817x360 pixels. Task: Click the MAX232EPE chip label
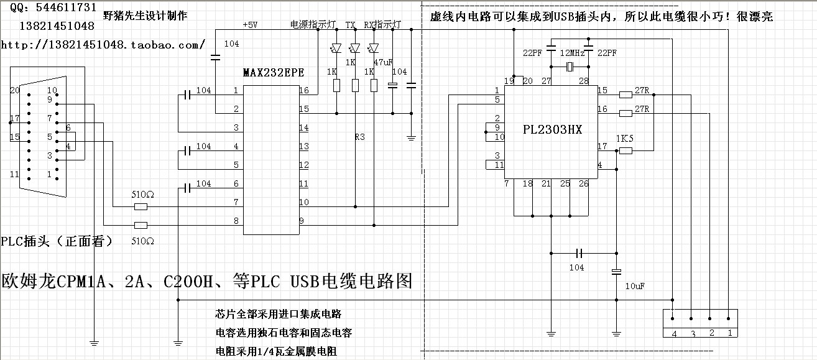coord(273,72)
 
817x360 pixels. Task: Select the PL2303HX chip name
coord(552,129)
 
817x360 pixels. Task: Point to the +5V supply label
coord(249,25)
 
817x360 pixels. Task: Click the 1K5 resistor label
coord(624,139)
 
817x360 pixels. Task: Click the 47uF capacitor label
coord(382,62)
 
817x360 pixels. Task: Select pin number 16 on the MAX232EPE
coord(303,91)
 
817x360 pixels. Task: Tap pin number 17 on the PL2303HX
coord(602,146)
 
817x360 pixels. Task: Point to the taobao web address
coord(103,45)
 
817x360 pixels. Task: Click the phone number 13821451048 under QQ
coord(57,26)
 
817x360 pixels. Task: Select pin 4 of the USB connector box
coord(673,333)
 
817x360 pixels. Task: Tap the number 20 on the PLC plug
coord(15,90)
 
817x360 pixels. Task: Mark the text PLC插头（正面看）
coord(57,241)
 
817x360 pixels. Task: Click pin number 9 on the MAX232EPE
coord(302,221)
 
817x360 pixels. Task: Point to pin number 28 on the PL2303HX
coord(584,81)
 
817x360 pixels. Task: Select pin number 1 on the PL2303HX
coord(497,91)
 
